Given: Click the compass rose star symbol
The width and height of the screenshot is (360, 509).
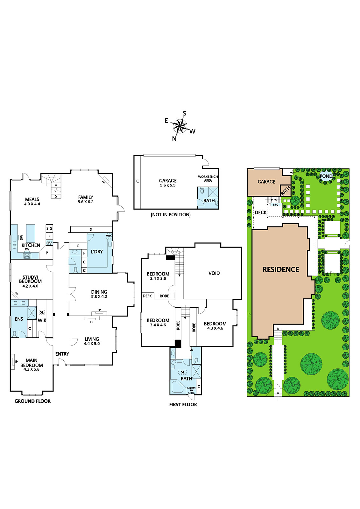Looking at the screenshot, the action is coord(179,126).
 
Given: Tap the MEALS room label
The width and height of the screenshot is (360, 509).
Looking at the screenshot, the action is coord(32,199).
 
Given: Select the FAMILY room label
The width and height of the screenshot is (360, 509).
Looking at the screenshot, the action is coord(86,197).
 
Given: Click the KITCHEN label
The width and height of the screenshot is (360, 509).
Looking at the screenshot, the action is coord(31,245).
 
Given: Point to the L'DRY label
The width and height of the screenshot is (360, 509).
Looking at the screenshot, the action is coord(97,252).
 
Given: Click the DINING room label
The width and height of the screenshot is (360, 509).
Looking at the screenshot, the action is coord(99,292).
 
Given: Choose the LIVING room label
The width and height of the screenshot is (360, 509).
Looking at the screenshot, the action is coord(92,339).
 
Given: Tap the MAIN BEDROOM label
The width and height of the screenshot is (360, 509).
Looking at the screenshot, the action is coord(32,363).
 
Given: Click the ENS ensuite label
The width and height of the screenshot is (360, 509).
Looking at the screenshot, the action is coord(19,319).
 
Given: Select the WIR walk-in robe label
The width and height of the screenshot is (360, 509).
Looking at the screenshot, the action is coord(42,320).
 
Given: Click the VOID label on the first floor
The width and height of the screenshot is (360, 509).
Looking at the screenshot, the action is coord(214,273).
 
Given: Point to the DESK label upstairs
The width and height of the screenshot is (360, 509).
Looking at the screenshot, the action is coord(147,296).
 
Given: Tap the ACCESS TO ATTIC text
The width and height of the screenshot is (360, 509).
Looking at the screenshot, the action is coord(191,390).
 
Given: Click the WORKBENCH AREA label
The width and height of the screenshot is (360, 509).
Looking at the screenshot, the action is coord(208,178).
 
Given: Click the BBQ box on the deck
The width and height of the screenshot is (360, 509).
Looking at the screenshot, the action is coord(276,205).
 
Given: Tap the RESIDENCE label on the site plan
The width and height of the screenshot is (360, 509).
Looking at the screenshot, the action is coord(281,269).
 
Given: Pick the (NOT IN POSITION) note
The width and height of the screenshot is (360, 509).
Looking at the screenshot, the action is coord(171,214).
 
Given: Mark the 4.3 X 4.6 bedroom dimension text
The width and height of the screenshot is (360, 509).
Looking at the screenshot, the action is coord(215,328).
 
